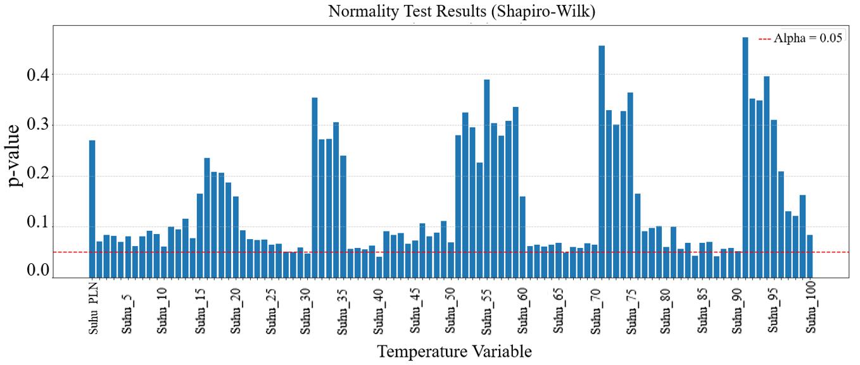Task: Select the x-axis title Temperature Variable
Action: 454,351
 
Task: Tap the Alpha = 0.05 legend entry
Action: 800,38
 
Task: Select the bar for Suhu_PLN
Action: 92,209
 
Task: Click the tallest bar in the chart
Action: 745,158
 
